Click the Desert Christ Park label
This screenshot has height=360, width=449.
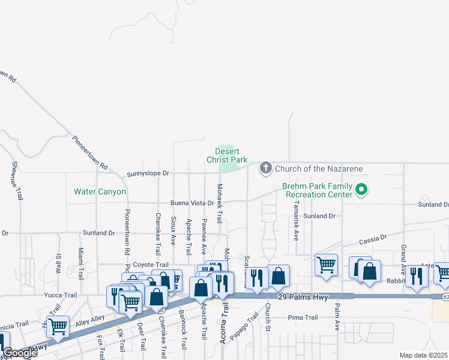(227, 156)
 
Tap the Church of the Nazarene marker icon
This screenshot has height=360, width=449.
(266, 168)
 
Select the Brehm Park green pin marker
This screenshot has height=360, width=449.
(361, 190)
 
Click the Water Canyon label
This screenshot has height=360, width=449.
(100, 192)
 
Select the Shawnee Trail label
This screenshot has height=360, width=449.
(17, 181)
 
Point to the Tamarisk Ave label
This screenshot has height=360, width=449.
(296, 221)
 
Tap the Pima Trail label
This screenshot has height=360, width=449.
(303, 317)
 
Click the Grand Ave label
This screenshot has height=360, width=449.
(403, 256)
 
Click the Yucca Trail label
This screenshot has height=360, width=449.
(61, 295)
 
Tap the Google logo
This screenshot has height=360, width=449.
(20, 353)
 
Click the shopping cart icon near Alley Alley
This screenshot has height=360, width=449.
(58, 326)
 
